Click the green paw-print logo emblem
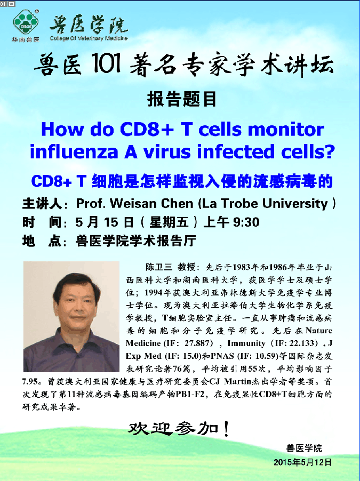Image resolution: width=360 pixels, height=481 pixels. pos(26,22)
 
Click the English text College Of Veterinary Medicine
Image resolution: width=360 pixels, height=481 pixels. pos(89,38)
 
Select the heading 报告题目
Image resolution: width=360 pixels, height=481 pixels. pos(182,99)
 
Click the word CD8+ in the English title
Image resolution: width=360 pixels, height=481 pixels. pos(147,130)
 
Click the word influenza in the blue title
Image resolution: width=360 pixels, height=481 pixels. pos(74,152)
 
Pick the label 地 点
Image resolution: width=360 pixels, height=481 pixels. pos(42,241)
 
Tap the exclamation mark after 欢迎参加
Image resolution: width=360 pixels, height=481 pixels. pos(227,429)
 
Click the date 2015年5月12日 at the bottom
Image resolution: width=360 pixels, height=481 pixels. pos(302,462)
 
